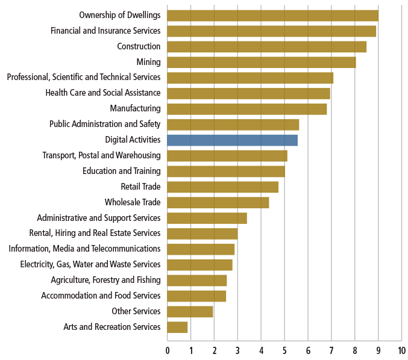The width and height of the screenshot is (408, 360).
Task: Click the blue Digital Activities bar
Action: coord(232,140)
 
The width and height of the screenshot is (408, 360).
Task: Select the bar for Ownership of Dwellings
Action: coord(272,15)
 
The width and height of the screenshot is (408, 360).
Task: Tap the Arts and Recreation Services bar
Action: coord(177,327)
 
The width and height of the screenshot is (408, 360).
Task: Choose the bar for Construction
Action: coord(266,46)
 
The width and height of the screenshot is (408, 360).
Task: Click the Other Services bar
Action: coord(190,311)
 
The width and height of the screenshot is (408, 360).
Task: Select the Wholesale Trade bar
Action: coord(218,202)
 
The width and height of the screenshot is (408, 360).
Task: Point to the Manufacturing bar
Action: coord(246,109)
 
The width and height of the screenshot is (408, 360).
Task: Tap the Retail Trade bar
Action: coord(222,187)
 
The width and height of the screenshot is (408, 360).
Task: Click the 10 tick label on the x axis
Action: coord(401,350)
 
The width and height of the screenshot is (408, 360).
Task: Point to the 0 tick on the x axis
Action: coord(168,350)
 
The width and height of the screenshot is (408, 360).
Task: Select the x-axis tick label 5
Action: coord(284,350)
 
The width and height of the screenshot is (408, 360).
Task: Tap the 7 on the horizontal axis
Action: coord(331,350)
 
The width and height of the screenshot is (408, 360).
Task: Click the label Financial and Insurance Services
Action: coord(105,31)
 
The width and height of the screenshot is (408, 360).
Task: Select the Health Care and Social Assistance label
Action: coord(103,93)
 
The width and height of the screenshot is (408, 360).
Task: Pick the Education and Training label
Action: coord(121,171)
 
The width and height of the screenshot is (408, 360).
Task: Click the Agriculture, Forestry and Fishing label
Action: coord(105,280)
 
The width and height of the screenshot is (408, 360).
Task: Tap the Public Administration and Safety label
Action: coord(105,124)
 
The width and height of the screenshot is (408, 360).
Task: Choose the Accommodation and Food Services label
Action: coord(101,296)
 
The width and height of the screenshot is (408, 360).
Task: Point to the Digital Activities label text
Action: coord(133,140)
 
